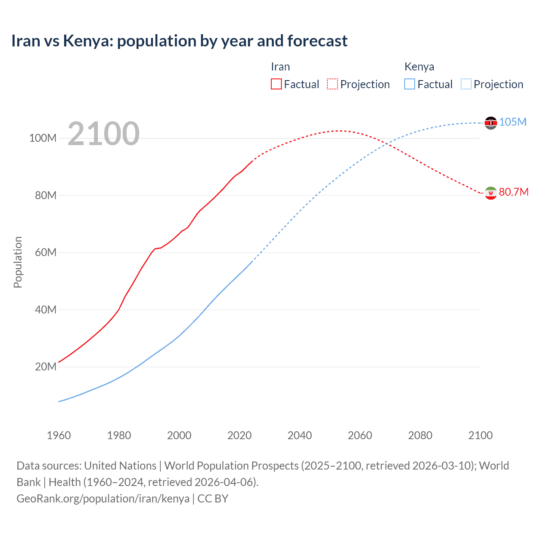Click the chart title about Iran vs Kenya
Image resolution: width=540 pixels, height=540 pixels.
click(179, 41)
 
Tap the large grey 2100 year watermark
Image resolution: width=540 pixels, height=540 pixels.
click(103, 134)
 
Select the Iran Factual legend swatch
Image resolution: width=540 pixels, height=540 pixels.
click(276, 84)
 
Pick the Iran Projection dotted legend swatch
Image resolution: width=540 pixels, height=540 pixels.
click(332, 84)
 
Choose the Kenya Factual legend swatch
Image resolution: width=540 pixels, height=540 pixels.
click(409, 84)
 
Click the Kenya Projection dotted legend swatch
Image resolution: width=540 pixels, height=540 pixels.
click(466, 84)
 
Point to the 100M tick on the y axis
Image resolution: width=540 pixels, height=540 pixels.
click(43, 138)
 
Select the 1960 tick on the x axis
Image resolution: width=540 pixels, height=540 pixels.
click(59, 435)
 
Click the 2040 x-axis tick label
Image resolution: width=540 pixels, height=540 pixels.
click(300, 435)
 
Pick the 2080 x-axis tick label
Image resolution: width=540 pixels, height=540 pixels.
click(420, 435)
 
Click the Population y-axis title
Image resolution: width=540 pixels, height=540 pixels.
click(18, 262)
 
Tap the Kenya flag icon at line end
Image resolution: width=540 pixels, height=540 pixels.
click(491, 123)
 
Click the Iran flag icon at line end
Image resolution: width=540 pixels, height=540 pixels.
click(491, 193)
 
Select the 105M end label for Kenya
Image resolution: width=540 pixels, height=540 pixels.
click(513, 122)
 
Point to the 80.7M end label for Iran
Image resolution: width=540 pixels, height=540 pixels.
click(513, 192)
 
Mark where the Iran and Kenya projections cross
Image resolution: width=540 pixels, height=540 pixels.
click(386, 144)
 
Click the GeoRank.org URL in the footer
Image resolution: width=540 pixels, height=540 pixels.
click(103, 499)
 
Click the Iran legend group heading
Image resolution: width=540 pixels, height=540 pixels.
click(280, 67)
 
